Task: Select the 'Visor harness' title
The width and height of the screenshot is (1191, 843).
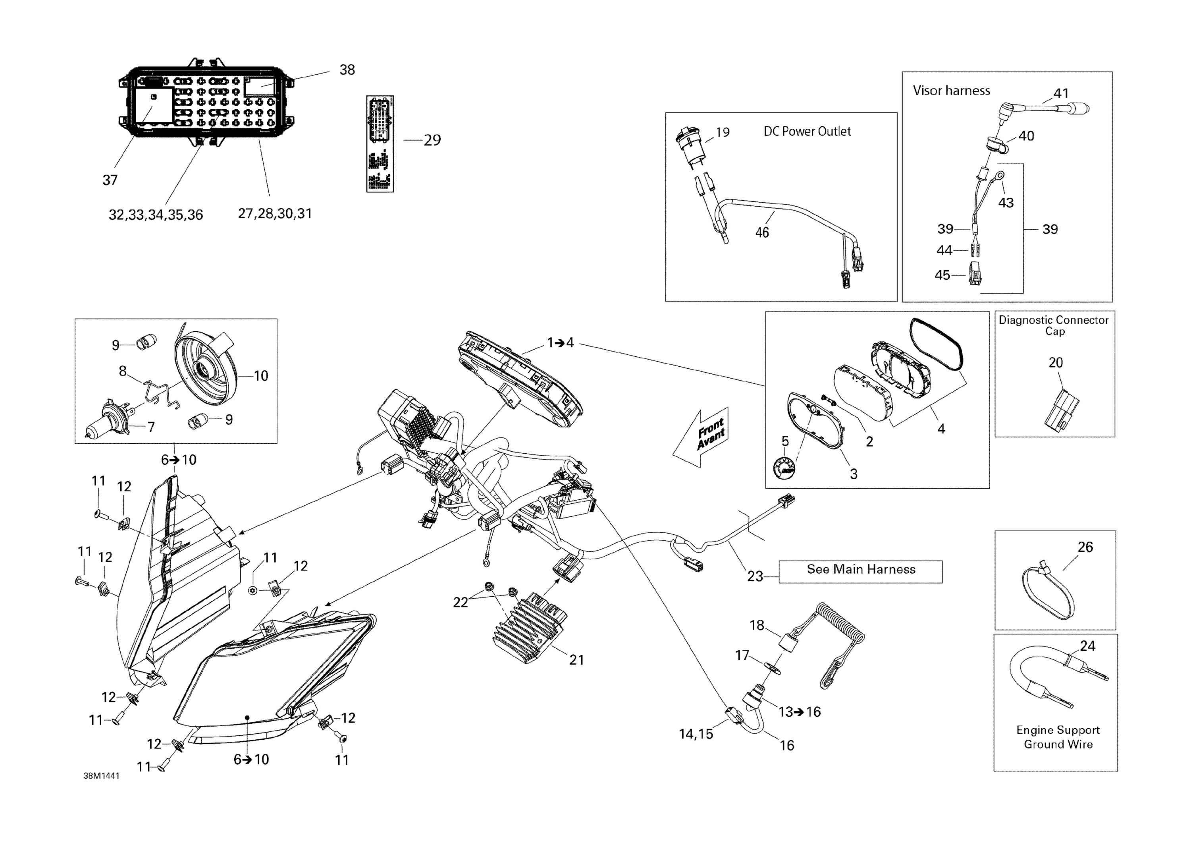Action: [951, 91]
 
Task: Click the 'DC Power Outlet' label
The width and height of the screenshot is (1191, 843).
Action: [807, 131]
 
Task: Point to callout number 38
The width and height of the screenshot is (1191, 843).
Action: [347, 70]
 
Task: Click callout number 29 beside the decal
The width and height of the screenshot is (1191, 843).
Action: [432, 140]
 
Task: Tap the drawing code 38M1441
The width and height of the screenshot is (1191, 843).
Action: [101, 776]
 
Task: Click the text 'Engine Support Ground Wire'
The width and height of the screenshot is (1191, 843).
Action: [1058, 737]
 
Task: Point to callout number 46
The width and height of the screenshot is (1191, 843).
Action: [761, 232]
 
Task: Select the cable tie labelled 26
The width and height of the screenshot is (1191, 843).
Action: [1048, 592]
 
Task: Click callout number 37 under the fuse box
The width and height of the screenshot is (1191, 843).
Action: [110, 180]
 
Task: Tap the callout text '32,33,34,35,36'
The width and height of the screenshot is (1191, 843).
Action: [156, 215]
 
